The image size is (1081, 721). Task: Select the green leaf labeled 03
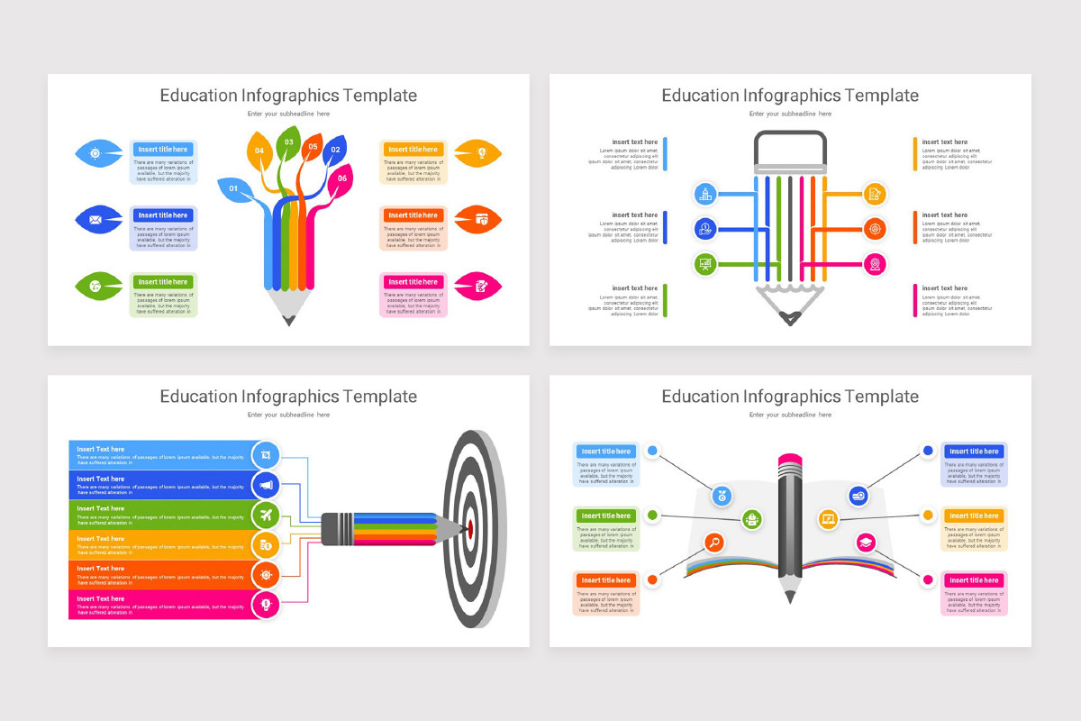coord(288,142)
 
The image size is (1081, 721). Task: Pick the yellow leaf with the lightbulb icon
coord(480,153)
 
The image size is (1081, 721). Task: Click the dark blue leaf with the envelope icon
coord(95,219)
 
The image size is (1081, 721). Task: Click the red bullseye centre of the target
coord(469,528)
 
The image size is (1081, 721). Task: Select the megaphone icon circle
coord(266,486)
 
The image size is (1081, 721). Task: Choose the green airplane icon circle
coord(266,516)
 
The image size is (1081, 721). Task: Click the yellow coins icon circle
coord(266,544)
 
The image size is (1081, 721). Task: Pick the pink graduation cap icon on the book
coord(866,543)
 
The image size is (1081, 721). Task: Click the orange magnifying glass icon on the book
coord(714,543)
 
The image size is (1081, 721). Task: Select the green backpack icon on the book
coord(752,519)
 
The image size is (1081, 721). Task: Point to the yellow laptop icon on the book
coord(829,519)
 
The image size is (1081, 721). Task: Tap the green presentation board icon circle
coord(705,264)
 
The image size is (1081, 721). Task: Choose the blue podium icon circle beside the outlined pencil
coord(705,193)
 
